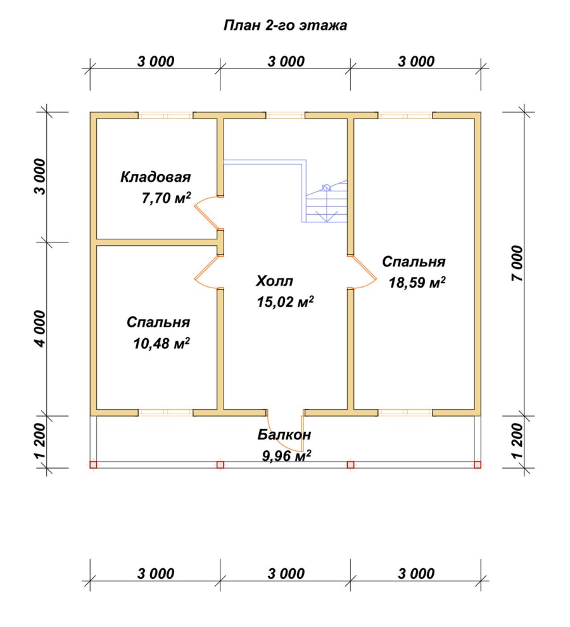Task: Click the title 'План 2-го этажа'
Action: point(285,25)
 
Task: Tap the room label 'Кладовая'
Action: point(156,177)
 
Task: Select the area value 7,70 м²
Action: point(166,198)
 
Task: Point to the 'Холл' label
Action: point(274,281)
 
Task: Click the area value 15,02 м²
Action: point(285,301)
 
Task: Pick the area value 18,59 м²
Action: point(417,282)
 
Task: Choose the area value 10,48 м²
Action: point(161,343)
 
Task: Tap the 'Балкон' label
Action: point(284,434)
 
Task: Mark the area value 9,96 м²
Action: point(287,455)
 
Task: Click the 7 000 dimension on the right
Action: point(517,263)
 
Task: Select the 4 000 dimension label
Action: point(41,329)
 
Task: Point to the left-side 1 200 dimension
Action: point(41,441)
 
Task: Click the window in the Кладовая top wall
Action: point(165,115)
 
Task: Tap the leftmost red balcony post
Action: point(93,465)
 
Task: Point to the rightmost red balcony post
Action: point(477,465)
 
